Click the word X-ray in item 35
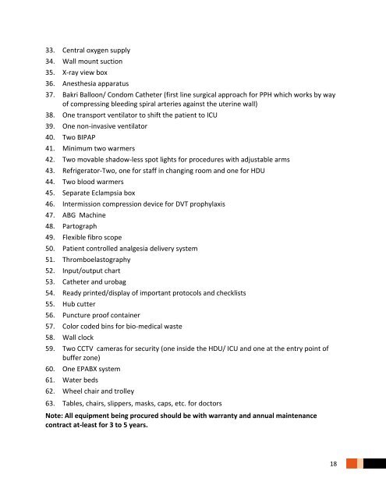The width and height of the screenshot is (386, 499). [x=73, y=72]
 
